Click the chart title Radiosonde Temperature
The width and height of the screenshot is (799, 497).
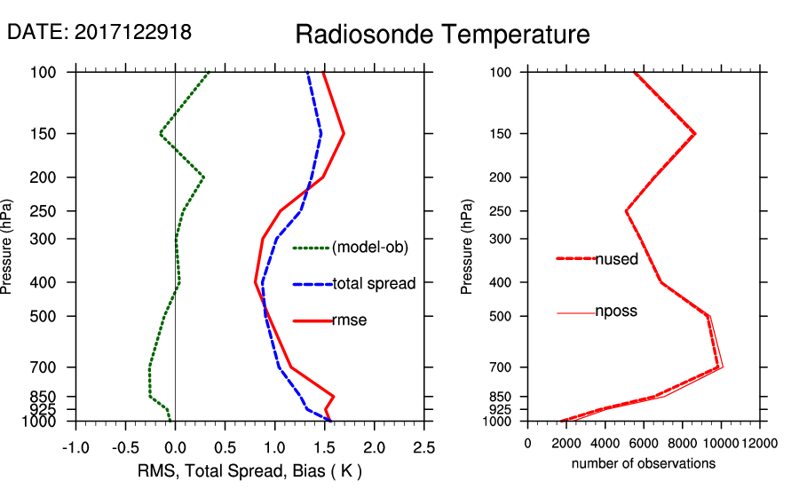click(x=442, y=35)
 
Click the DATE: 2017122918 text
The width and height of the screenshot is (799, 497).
click(x=99, y=32)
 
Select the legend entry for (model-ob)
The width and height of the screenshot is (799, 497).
click(x=369, y=248)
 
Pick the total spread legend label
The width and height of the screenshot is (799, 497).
click(x=374, y=284)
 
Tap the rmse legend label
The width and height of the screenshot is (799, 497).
click(x=349, y=320)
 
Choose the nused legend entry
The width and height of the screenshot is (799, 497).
click(x=616, y=258)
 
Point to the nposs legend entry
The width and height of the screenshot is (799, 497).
click(x=616, y=312)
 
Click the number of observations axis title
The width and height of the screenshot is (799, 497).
click(x=643, y=463)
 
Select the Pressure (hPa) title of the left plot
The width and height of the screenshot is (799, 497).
click(x=10, y=246)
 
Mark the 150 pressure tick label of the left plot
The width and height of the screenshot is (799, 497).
click(x=53, y=134)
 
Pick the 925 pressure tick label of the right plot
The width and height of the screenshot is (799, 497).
click(x=501, y=409)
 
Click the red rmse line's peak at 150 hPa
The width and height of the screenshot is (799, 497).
click(x=344, y=134)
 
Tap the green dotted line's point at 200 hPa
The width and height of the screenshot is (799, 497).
click(x=204, y=177)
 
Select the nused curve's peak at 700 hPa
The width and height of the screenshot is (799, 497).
click(x=719, y=367)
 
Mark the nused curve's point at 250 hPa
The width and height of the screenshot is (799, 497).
click(x=626, y=211)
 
